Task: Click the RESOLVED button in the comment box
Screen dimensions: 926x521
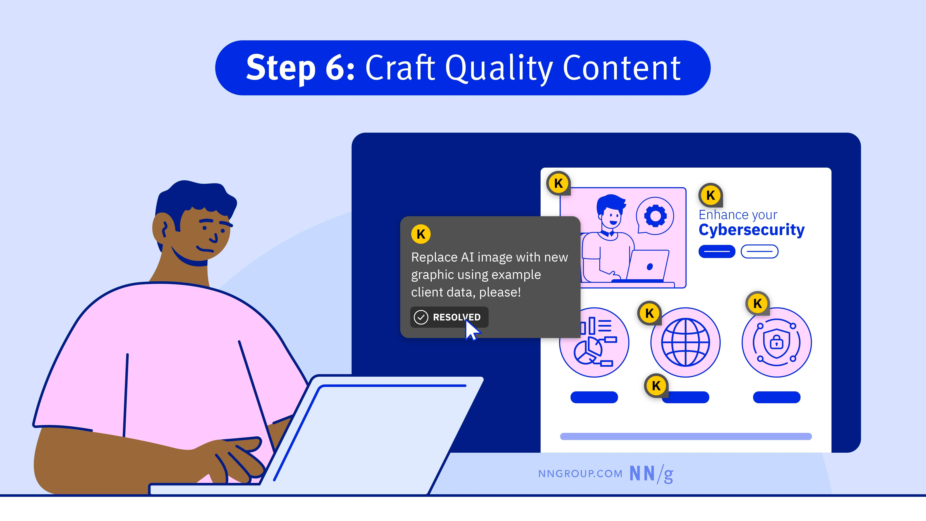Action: click(x=449, y=317)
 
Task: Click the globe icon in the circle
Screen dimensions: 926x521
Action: click(x=686, y=342)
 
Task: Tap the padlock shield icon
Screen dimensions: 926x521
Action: click(x=776, y=342)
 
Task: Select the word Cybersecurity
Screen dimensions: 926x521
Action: click(x=751, y=230)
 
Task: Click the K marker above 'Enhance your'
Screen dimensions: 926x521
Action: click(x=710, y=195)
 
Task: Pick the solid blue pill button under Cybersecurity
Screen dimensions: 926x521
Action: click(x=717, y=251)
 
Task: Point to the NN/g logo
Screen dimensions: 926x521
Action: click(x=651, y=474)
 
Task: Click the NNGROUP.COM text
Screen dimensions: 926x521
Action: click(x=580, y=474)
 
